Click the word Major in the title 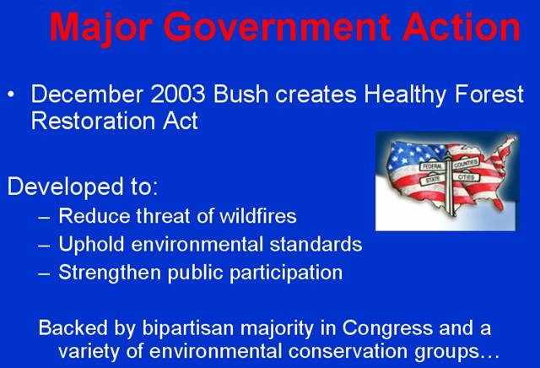coord(101,29)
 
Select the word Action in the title coord(462,27)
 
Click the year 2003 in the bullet coord(178,94)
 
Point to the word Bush coord(240,94)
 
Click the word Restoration coord(93,121)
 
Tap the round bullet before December coord(11,94)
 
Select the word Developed coord(66,187)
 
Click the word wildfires coord(258,216)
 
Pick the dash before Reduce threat coord(44,218)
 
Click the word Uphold coord(91,245)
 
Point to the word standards coord(316,244)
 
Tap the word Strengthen coord(110,273)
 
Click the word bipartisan coord(188,328)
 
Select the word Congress coord(387,328)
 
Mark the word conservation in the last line coord(348,351)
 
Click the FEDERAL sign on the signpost coord(432,166)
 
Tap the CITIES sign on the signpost coord(466,176)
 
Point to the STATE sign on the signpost coord(433,179)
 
